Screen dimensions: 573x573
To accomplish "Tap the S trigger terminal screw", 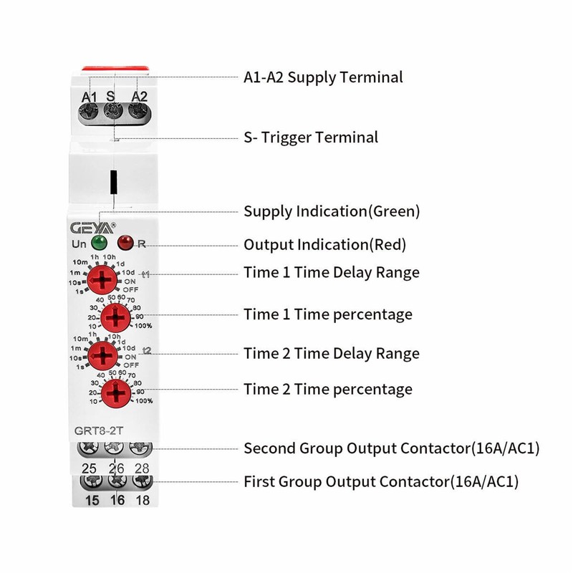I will [x=112, y=111].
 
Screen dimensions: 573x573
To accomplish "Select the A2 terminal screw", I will [x=136, y=111].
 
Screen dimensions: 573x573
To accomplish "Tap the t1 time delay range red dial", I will [x=104, y=278].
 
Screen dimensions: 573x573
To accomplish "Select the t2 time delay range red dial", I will [x=104, y=354].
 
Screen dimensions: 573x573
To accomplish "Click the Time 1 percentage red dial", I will [x=114, y=316].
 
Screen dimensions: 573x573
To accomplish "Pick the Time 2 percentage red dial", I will [x=114, y=393].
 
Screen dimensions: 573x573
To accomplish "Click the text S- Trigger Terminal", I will [x=311, y=136].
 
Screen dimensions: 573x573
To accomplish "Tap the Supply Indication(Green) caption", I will [x=332, y=211].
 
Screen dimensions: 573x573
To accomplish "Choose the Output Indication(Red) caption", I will [x=325, y=244].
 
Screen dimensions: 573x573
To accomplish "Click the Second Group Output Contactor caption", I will [x=391, y=448].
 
